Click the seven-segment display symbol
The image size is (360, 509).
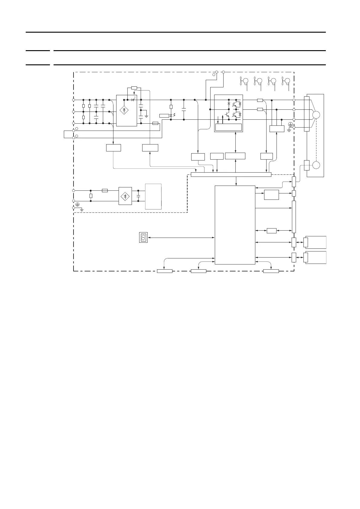[143, 237]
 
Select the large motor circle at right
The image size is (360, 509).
[316, 115]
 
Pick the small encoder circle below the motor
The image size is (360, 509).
[316, 165]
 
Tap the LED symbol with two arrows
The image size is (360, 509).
[172, 115]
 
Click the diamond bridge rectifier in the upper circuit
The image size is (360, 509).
[124, 110]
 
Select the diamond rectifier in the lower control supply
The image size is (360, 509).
[125, 196]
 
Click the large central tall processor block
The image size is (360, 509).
[235, 225]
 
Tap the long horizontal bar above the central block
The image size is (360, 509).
[231, 174]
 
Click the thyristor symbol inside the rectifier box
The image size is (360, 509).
[133, 100]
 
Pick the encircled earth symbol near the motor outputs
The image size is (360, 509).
[291, 124]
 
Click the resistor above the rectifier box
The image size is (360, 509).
[134, 88]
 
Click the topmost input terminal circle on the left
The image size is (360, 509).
[74, 100]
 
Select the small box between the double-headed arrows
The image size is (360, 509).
[272, 231]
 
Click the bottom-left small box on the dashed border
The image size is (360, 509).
[165, 271]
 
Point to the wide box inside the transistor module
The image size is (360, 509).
[228, 127]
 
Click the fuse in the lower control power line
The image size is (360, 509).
[105, 190]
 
